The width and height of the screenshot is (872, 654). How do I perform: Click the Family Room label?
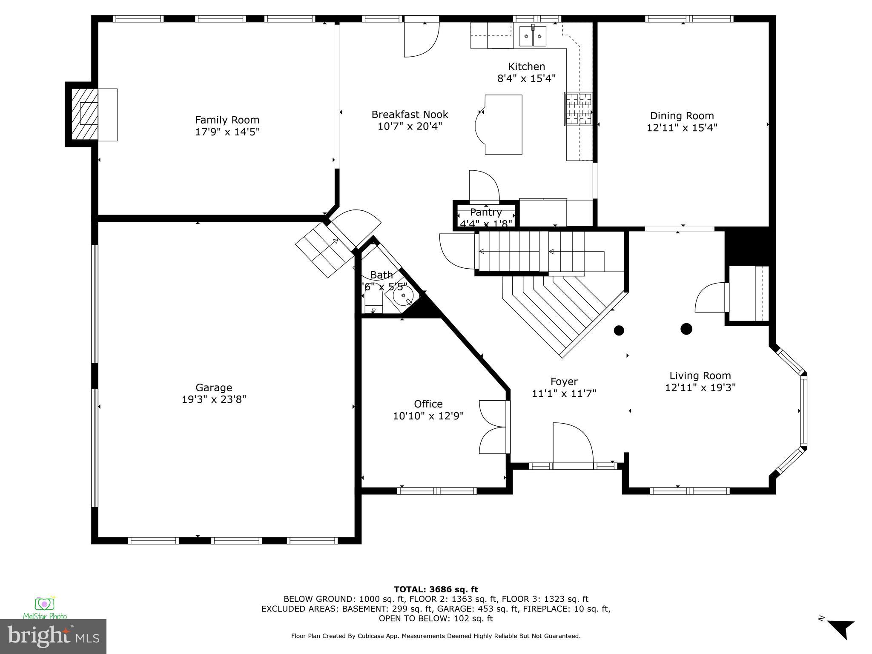coord(227,120)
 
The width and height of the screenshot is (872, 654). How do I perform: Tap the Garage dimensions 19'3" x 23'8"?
coord(214,399)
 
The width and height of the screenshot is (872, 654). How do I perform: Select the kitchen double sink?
coord(533,36)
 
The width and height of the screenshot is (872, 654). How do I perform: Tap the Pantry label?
coord(486,212)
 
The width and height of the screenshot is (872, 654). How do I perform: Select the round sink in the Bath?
coord(402,295)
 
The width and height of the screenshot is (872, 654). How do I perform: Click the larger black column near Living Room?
coord(686,329)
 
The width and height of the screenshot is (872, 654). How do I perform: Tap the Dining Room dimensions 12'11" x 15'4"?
coord(682,128)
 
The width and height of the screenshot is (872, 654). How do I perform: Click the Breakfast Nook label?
coord(410,115)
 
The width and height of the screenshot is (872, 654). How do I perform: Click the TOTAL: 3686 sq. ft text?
coord(436,589)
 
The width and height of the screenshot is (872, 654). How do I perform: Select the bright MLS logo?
coord(53,636)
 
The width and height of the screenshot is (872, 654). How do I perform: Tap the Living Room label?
coord(700,376)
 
